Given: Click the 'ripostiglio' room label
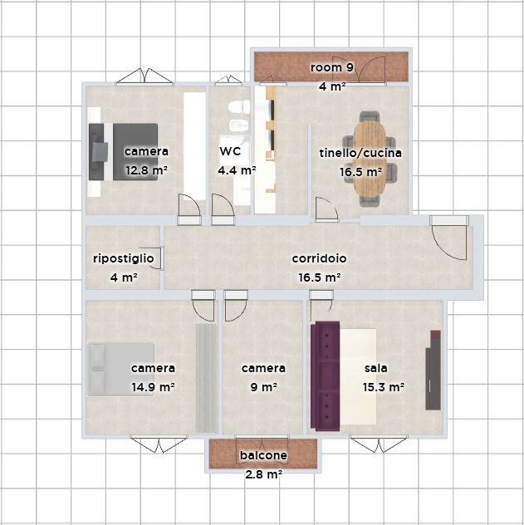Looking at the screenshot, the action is click(x=124, y=259).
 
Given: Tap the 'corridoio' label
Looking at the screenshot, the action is click(x=319, y=258).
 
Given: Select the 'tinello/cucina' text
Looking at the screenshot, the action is click(x=360, y=153).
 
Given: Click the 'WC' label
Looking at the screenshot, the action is click(x=230, y=151).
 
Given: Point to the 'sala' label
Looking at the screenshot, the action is click(x=375, y=368).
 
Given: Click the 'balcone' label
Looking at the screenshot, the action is click(x=263, y=455).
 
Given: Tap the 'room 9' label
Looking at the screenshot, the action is click(x=331, y=67).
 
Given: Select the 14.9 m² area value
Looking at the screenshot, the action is click(x=153, y=387).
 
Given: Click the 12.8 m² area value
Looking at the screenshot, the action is click(x=146, y=170).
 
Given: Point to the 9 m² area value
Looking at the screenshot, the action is click(x=264, y=387).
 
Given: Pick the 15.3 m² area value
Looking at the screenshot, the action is click(x=384, y=387).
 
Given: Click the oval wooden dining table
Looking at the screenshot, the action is click(x=370, y=159).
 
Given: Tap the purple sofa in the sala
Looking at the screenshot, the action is click(x=325, y=376).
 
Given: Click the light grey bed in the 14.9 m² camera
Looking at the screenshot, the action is click(x=120, y=370).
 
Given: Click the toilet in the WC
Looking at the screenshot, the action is click(x=239, y=107).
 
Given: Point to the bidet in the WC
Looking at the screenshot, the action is click(x=239, y=125).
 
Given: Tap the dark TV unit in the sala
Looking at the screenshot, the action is click(x=433, y=370).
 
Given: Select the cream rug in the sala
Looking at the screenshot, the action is click(x=358, y=376).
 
